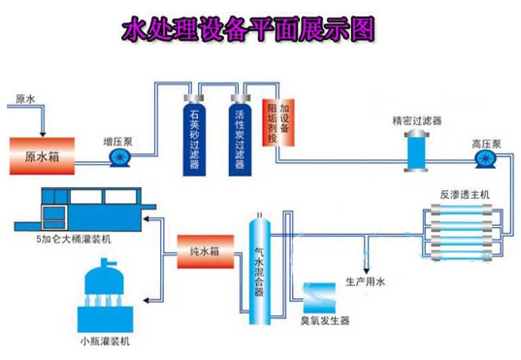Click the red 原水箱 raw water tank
42,156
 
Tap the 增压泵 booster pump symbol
119,157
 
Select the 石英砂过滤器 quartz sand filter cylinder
194,135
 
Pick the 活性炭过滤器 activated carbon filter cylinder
240,135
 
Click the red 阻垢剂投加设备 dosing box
278,122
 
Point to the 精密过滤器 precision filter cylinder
416,151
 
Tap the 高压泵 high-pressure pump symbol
485,159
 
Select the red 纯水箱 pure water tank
206,251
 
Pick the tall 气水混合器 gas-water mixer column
260,269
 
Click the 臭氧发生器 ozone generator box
319,298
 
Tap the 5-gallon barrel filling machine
85,210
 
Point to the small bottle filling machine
106,296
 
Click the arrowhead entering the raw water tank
43,134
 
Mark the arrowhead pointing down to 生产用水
366,271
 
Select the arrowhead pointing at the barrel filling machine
147,218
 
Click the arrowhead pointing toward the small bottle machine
147,301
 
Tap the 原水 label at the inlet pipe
25,99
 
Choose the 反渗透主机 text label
465,194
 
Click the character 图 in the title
362,29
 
